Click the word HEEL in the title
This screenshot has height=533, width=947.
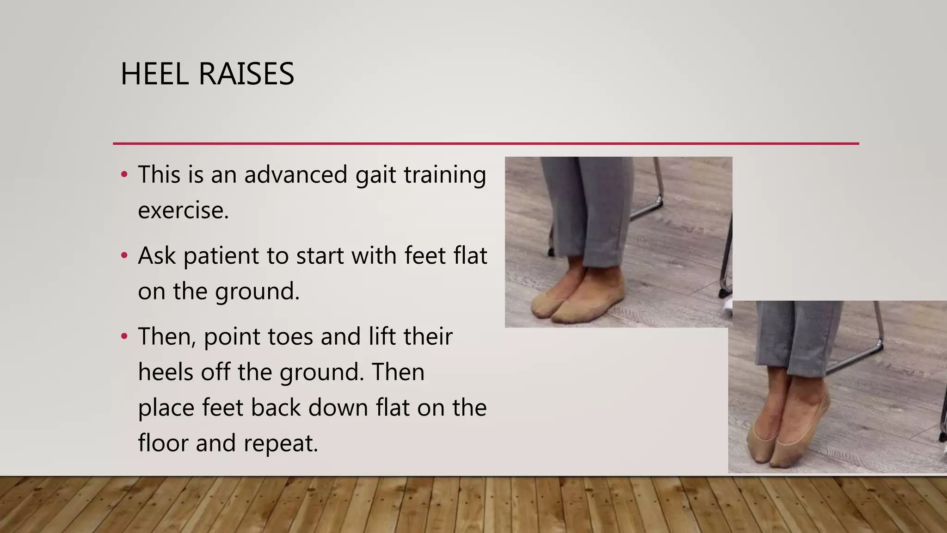coord(154,74)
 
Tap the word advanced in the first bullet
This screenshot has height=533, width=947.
coord(296,175)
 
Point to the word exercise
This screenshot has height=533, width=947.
coord(183,211)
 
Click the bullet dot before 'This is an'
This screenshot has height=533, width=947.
coord(123,175)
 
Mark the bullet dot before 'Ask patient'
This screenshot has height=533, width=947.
coord(123,255)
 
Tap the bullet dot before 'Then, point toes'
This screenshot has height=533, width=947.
coord(123,336)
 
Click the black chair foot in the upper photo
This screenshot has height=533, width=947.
coord(721,293)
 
